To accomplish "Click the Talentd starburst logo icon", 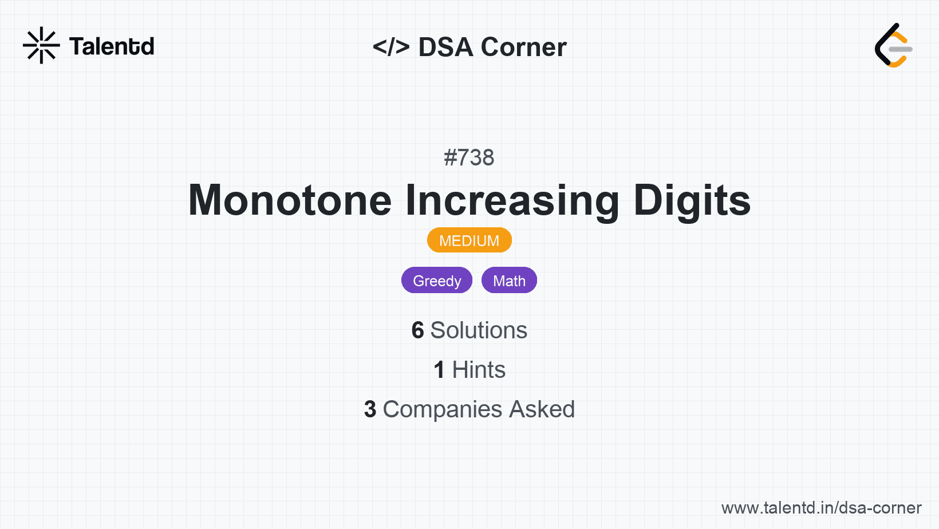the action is click(41, 45).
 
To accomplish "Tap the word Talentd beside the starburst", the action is click(112, 46).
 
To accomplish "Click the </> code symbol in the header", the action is click(390, 47).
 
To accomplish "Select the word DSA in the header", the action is click(446, 47).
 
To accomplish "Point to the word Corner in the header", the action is click(523, 47).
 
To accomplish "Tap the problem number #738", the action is click(469, 158).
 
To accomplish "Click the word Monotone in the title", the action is click(290, 200).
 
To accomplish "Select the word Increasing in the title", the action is click(512, 201).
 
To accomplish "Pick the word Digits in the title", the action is click(692, 201).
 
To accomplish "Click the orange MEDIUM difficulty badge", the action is click(469, 240).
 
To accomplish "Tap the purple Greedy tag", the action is click(437, 280).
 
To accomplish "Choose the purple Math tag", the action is click(510, 280).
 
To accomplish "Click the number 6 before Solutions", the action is click(417, 330).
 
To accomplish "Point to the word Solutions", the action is click(479, 330).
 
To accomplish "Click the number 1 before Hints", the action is click(439, 370).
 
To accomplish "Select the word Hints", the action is click(479, 370).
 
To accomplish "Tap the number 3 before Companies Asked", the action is click(370, 409).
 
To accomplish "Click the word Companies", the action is click(442, 409).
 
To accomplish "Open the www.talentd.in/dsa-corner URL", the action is click(821, 508).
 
